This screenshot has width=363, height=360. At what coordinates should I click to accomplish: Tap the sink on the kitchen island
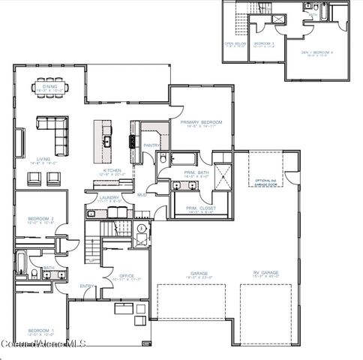(x=107, y=140)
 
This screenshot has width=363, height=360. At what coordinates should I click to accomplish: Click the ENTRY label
(x=87, y=286)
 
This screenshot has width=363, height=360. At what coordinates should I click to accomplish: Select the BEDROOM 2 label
(x=40, y=220)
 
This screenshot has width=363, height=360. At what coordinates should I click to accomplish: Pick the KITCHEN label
(x=112, y=172)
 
